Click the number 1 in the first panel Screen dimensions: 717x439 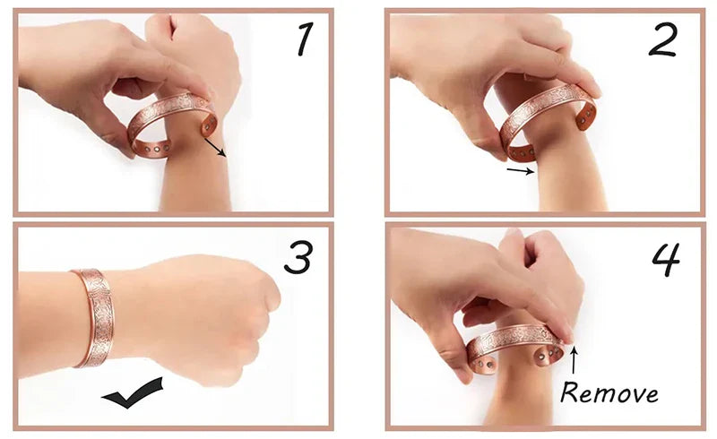point(305,39)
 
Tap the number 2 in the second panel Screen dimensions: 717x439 point(662,40)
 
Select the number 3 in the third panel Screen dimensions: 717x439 point(298,257)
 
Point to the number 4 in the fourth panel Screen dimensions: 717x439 point(666,260)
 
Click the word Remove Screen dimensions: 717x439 point(609,392)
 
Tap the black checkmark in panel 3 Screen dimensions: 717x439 point(133,393)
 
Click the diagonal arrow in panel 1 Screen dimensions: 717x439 point(215,148)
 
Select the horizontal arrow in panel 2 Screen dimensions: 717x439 point(521,171)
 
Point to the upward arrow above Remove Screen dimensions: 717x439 point(574,360)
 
